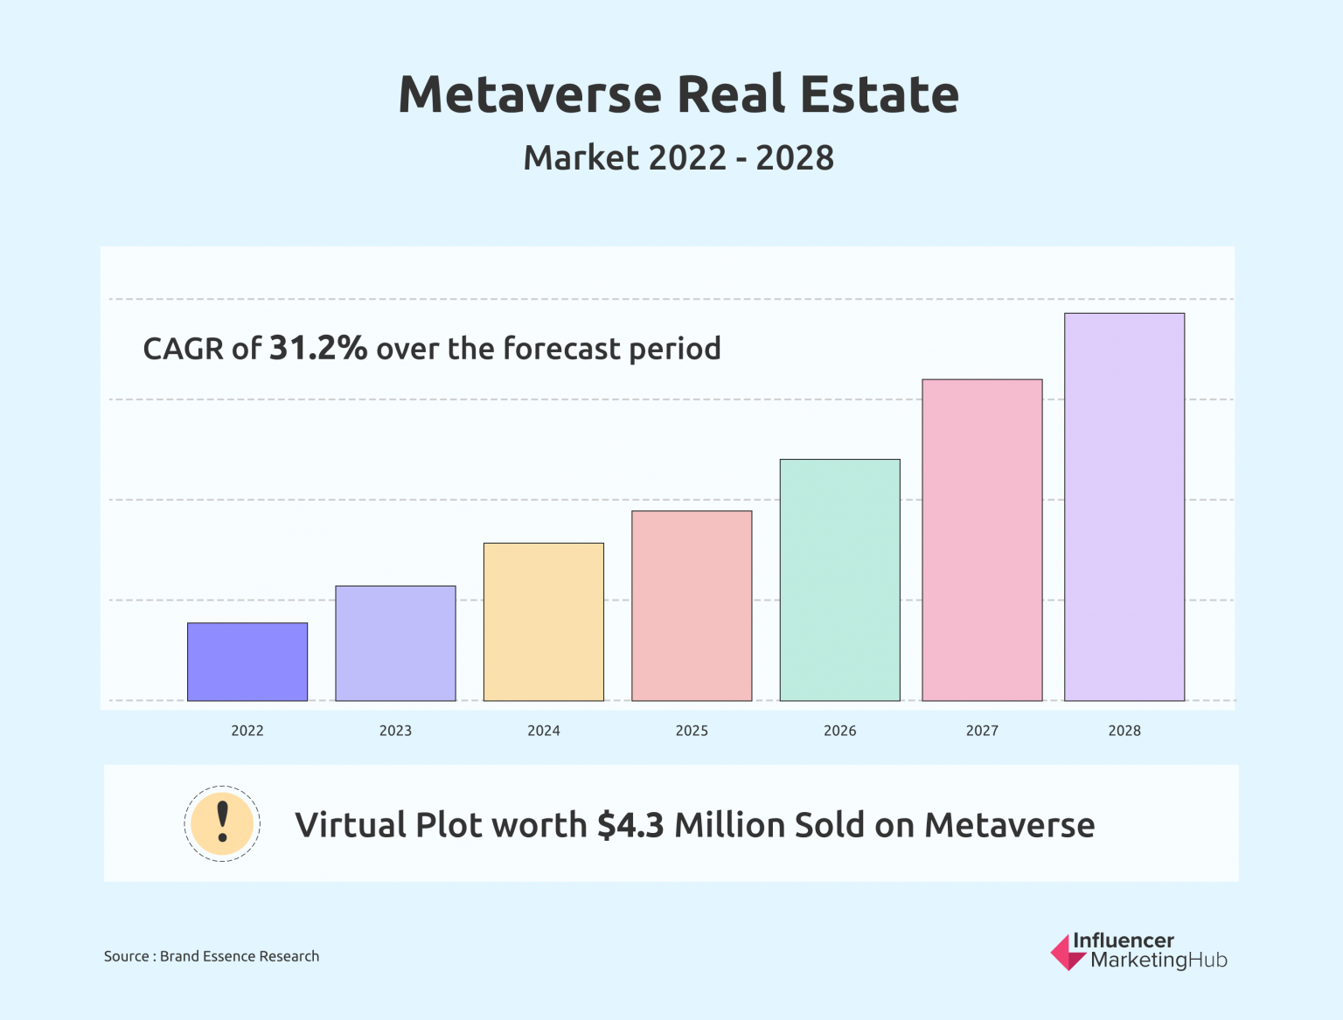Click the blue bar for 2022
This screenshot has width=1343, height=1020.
pos(247,662)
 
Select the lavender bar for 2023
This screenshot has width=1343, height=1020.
pos(395,643)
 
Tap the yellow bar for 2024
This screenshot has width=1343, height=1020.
pos(543,621)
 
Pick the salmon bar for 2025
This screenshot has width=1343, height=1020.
pos(692,606)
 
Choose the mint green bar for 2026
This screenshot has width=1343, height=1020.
pos(839,579)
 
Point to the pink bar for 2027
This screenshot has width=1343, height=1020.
pos(982,540)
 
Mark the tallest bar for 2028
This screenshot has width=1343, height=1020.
pos(1124,507)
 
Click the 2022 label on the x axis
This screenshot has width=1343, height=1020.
pos(247,731)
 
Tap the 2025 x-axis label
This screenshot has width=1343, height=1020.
pos(692,731)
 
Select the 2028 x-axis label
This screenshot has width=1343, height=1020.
pos(1124,731)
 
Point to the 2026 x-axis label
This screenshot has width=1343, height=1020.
pos(839,731)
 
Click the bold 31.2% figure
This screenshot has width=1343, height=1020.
pos(318,348)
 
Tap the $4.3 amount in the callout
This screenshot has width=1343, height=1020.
pos(630,825)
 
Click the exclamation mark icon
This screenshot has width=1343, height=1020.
pos(222,823)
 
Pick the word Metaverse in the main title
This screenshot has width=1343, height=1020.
pos(530,94)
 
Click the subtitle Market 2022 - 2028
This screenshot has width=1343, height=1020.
pos(678,158)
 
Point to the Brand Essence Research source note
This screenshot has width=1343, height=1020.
pos(239,956)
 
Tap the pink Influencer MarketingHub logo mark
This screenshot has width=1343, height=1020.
pos(1068,953)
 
